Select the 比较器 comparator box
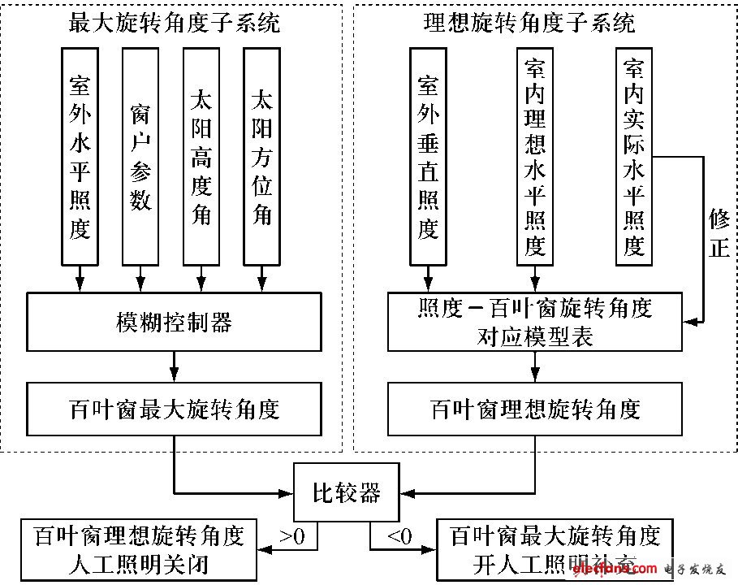tap(346, 492)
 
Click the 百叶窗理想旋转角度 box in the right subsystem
tap(535, 408)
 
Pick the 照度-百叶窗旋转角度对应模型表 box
tap(535, 323)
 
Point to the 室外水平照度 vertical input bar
tap(80, 154)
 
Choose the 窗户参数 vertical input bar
tap(140, 154)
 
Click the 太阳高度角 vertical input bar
tap(201, 154)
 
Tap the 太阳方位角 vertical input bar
tap(261, 154)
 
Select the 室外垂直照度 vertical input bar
tap(428, 154)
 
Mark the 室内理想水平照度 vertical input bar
tap(534, 154)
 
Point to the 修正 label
tap(719, 232)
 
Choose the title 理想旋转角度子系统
tap(535, 22)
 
